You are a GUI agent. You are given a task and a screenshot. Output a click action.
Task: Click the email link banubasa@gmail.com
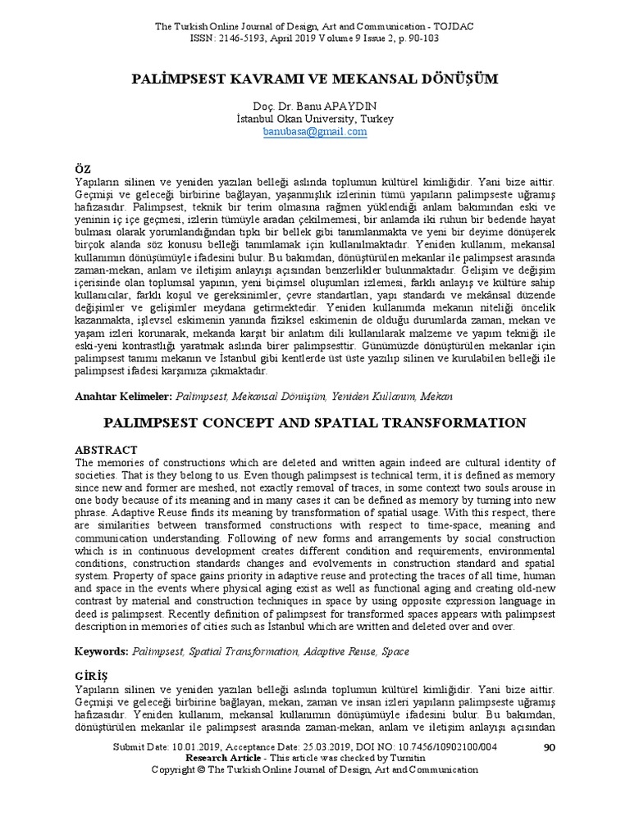click(x=315, y=131)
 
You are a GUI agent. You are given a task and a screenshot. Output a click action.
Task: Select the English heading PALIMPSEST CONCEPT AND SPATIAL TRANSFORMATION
click(x=315, y=423)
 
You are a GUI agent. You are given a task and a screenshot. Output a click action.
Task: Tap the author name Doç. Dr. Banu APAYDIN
click(x=315, y=107)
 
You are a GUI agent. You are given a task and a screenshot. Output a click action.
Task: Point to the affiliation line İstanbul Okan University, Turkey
click(x=315, y=119)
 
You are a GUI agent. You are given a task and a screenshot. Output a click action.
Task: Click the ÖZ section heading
click(x=83, y=167)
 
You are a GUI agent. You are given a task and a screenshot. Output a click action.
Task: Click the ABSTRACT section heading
click(x=106, y=450)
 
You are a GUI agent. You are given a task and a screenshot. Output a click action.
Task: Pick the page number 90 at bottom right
click(x=550, y=747)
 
